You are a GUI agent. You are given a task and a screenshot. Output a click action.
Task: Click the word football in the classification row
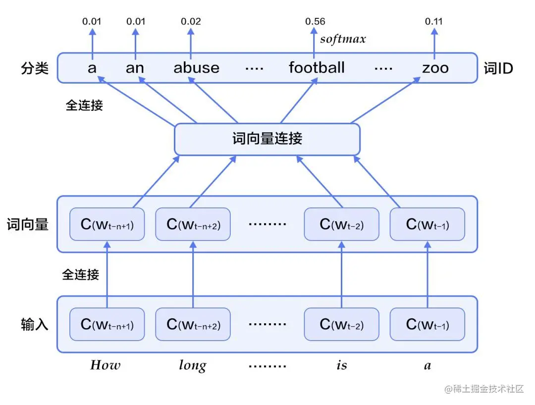point(317,67)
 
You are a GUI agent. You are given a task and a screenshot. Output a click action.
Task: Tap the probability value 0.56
point(315,21)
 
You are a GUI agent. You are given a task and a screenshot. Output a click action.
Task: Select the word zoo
point(435,67)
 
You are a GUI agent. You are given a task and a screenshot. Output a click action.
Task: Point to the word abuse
point(196,67)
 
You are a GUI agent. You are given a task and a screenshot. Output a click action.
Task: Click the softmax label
point(343,39)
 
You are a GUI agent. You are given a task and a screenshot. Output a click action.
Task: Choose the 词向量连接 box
point(267,139)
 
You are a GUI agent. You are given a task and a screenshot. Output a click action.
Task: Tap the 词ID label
point(498,68)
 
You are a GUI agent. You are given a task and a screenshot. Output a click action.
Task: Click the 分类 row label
point(35,68)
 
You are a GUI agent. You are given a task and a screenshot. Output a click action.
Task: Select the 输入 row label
point(35,324)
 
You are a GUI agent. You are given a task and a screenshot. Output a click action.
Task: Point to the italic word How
point(105,365)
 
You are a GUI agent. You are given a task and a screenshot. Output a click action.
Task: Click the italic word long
point(192,366)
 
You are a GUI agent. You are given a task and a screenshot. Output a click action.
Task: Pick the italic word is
point(341,365)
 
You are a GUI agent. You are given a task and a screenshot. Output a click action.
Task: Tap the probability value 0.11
point(434,21)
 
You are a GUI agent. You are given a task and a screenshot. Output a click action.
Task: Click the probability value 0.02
point(191,21)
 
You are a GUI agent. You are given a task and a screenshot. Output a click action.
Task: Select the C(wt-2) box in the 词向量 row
point(341,224)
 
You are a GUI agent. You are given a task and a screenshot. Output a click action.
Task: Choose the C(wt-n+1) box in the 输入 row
point(107,324)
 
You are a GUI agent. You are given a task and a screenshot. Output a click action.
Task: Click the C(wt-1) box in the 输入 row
point(428,324)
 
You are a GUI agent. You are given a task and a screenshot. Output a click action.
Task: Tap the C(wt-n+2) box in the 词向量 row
point(193,224)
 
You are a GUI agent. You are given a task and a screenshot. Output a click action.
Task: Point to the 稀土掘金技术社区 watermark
point(484,389)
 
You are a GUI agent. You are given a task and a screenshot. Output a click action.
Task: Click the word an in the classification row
point(135,67)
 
